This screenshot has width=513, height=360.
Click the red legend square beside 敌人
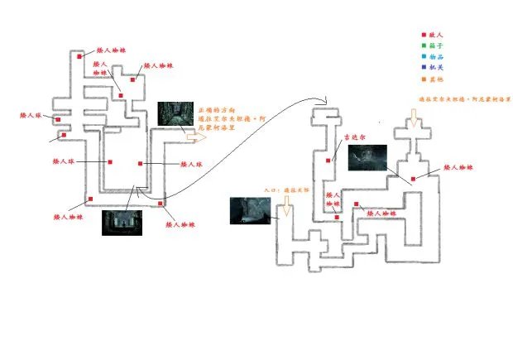pos(424,35)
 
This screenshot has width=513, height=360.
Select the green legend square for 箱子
pos(424,46)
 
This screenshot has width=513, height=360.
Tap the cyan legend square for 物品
pos(424,56)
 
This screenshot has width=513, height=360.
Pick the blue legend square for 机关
pos(424,67)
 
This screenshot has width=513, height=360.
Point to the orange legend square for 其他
pos(424,79)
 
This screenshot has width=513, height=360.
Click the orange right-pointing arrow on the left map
pos(197,140)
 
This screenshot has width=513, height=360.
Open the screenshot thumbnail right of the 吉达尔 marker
pos(368,157)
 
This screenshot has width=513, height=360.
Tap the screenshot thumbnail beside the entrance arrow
pos(251,209)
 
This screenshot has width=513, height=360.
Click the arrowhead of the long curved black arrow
pos(326,103)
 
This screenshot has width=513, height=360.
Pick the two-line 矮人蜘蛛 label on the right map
pos(333,199)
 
